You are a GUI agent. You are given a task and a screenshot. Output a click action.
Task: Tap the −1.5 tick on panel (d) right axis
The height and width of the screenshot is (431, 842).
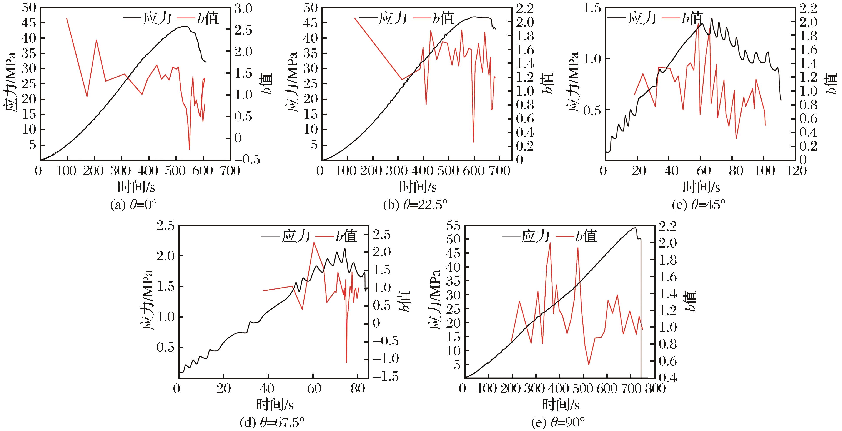pyautogui.click(x=386, y=377)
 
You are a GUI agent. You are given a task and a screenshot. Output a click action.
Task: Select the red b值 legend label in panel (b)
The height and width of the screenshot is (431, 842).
pyautogui.click(x=443, y=19)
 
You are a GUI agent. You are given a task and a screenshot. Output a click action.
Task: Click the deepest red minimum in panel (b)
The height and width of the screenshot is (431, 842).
pyautogui.click(x=473, y=142)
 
